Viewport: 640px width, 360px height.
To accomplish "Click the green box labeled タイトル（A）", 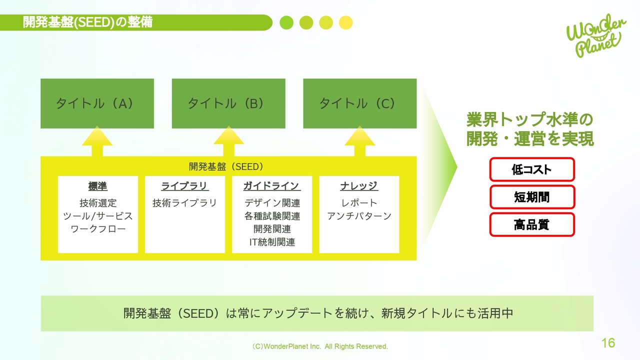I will [97, 103].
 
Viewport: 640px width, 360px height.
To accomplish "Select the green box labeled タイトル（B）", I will [228, 103].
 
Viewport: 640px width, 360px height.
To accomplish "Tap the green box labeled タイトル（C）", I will [360, 103].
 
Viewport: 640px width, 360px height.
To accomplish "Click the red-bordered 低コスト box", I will [532, 169].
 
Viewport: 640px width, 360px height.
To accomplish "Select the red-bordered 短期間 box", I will [532, 197].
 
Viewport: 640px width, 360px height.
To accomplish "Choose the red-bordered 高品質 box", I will [532, 224].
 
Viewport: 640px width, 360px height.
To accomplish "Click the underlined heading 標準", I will [97, 186].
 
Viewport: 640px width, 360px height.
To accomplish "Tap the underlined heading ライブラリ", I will [184, 186].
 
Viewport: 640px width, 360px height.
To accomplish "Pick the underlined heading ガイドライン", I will [271, 186].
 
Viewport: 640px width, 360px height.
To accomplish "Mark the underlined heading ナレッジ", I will [359, 186].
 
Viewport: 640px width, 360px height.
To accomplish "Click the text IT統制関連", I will [272, 242].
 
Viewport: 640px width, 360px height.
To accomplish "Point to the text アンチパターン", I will [359, 216].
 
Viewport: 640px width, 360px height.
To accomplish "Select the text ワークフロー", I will [98, 229].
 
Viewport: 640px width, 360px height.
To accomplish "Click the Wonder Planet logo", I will [595, 36].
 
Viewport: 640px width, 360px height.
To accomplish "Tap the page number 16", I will [608, 343].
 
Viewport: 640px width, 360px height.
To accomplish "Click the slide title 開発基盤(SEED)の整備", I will [88, 22].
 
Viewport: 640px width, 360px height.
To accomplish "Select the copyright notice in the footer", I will [320, 346].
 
